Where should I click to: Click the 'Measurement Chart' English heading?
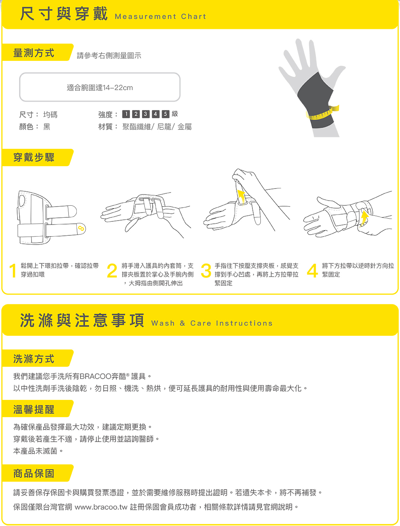point(160,16)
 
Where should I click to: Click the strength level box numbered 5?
point(166,114)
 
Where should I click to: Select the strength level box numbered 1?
point(126,114)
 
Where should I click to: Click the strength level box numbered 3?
point(146,114)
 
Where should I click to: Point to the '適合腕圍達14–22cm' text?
point(100,88)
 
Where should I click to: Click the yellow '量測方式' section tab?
point(37,52)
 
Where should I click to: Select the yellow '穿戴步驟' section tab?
point(37,157)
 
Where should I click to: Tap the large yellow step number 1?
point(13,271)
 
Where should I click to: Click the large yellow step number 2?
point(112,271)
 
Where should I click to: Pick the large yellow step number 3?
point(206,271)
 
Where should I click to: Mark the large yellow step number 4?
point(312,271)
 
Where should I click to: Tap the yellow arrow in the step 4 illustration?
point(364,218)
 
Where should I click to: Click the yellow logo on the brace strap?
point(81,228)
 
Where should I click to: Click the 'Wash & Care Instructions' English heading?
point(212,323)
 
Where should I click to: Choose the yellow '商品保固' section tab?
point(37,473)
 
